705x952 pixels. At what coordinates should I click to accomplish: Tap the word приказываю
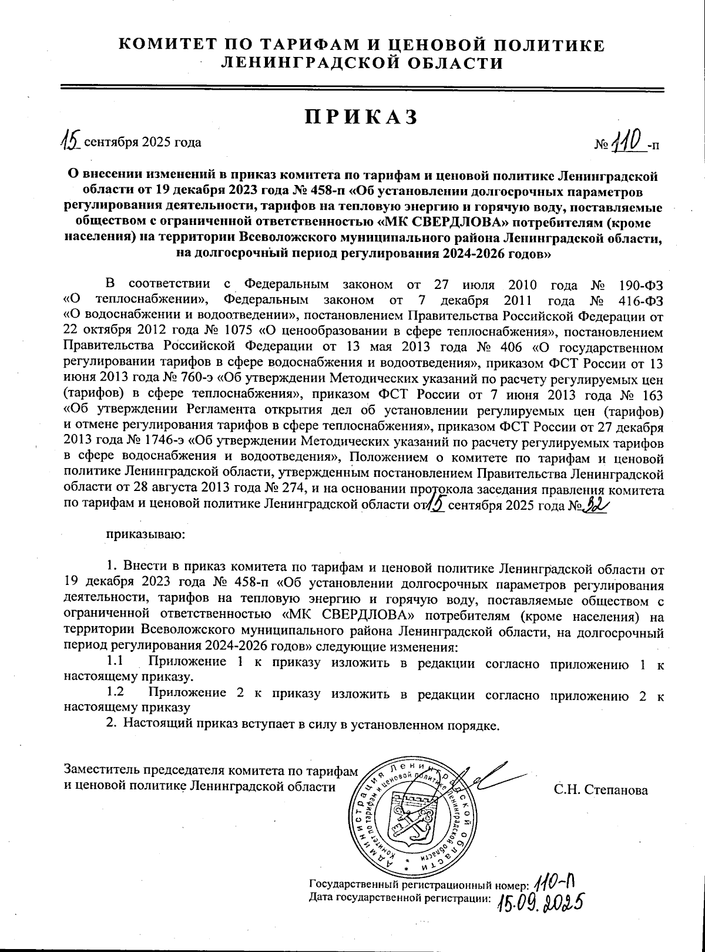click(x=146, y=534)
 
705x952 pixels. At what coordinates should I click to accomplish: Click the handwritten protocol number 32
click(x=595, y=506)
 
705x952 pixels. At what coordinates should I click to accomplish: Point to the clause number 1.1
click(x=115, y=662)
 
